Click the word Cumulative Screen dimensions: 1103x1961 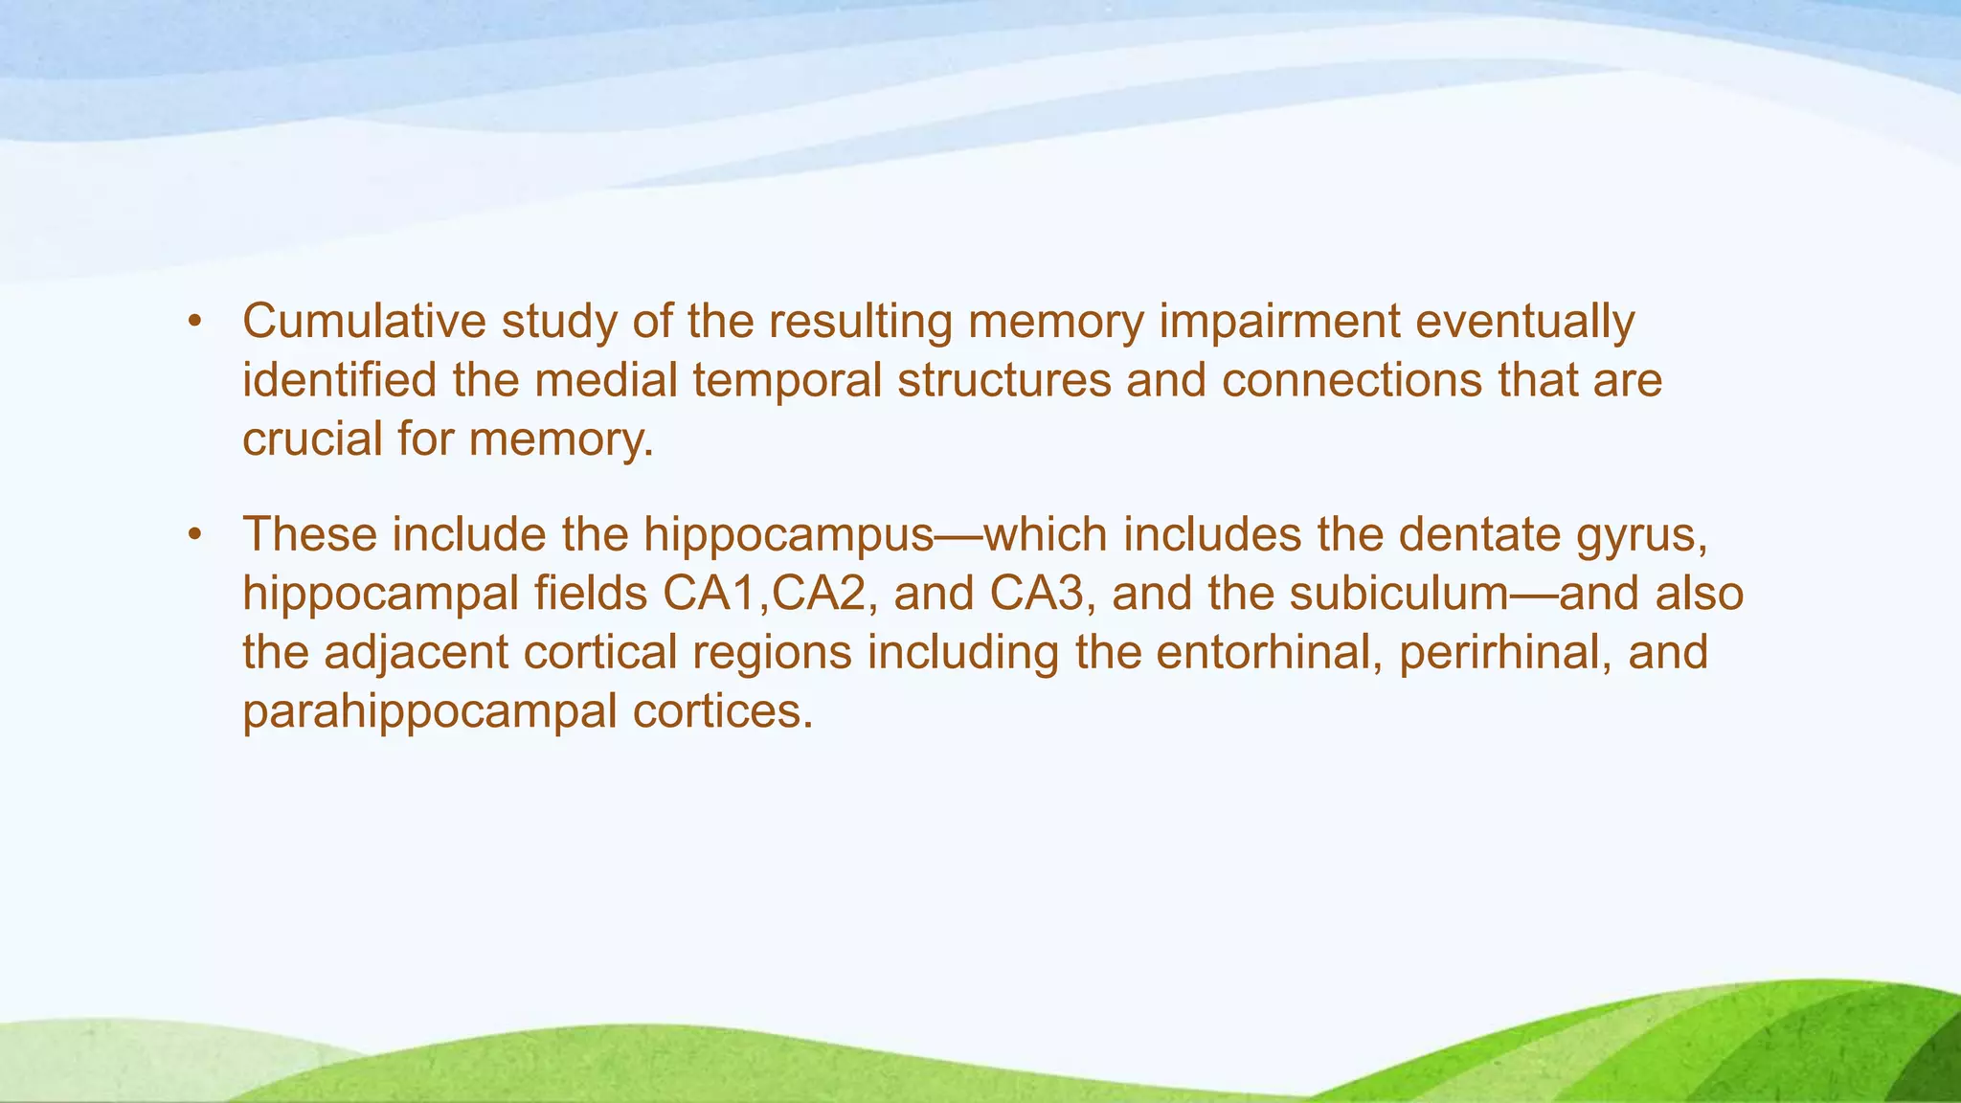pyautogui.click(x=364, y=322)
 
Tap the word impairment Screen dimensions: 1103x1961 pyautogui.click(x=1280, y=322)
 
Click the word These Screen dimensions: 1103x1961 pyautogui.click(x=310, y=534)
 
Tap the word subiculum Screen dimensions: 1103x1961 pyautogui.click(x=1399, y=594)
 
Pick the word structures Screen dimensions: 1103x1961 pyautogui.click(x=1003, y=380)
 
